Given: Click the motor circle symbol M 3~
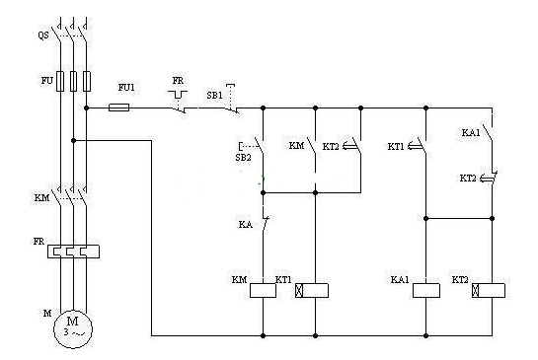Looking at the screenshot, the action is click(73, 328).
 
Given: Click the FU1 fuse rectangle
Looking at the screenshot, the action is click(119, 108).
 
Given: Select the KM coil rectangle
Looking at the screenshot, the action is click(263, 290).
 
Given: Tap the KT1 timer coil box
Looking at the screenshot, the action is click(312, 290).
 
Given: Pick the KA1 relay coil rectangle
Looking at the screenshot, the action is click(425, 290).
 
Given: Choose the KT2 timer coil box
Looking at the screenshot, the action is click(489, 290).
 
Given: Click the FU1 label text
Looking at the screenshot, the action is click(126, 88).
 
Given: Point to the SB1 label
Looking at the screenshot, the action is click(214, 96).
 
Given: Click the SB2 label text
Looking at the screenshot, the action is click(243, 158).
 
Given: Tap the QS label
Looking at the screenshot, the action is click(43, 36).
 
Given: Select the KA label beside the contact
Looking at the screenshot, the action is click(246, 225).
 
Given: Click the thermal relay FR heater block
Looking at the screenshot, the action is click(73, 252).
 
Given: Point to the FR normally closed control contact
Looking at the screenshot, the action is click(179, 102).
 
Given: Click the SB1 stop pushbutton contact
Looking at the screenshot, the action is click(231, 99).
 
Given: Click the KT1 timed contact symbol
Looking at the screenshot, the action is click(418, 146).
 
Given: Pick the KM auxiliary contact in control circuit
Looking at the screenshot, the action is click(312, 146).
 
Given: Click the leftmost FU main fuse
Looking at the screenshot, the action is click(60, 81).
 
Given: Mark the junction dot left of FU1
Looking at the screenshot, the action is click(87, 108).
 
